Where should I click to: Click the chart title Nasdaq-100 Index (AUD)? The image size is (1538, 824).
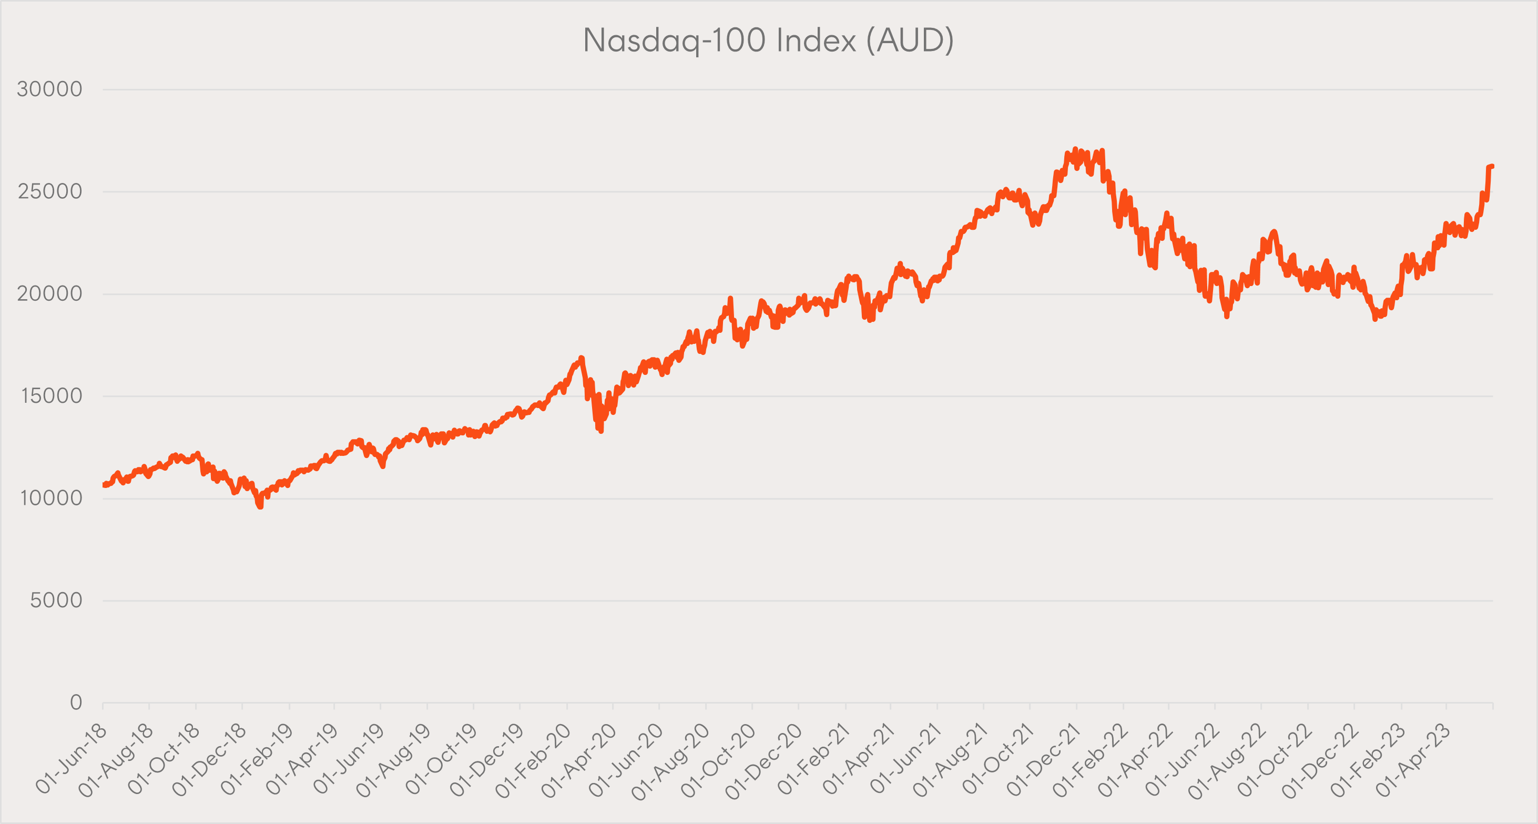click(768, 40)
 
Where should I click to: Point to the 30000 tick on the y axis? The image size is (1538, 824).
click(49, 89)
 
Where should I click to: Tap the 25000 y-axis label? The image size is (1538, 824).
click(49, 191)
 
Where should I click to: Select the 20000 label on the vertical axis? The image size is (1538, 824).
click(49, 294)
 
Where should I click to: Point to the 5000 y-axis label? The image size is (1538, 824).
click(56, 600)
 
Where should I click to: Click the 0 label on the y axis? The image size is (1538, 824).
click(76, 702)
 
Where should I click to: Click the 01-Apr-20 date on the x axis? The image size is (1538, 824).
click(579, 759)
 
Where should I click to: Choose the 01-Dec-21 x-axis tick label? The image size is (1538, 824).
click(1044, 759)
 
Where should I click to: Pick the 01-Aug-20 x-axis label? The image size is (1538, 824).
click(671, 759)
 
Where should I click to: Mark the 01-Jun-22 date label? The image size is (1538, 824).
click(1182, 759)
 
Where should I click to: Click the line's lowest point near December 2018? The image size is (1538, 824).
click(260, 506)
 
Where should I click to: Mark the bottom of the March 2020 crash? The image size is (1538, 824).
click(600, 431)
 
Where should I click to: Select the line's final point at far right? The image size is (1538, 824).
click(1492, 166)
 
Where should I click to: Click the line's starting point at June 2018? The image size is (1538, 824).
click(104, 485)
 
